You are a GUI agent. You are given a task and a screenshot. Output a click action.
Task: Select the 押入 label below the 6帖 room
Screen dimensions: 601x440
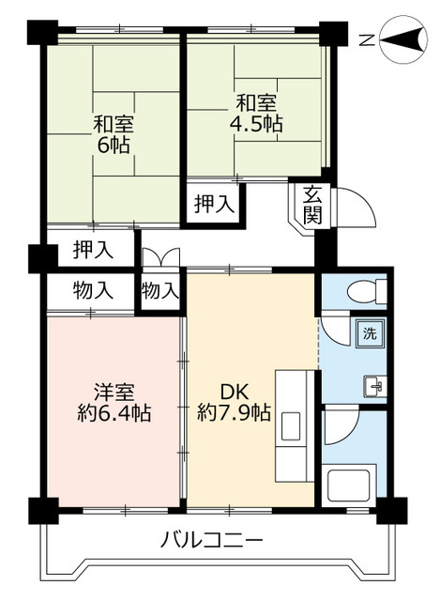(x=93, y=250)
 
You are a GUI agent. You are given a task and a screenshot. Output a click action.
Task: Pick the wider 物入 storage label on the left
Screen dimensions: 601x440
(x=93, y=290)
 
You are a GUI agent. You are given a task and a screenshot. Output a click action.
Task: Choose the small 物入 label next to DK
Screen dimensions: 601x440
(x=159, y=290)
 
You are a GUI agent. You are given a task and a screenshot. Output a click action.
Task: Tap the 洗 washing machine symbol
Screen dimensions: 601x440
(x=369, y=333)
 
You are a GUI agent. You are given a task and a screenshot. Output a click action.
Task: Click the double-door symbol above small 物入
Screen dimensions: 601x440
(x=159, y=260)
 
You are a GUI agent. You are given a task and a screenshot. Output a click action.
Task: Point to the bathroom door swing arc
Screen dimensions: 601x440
(x=340, y=427)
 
